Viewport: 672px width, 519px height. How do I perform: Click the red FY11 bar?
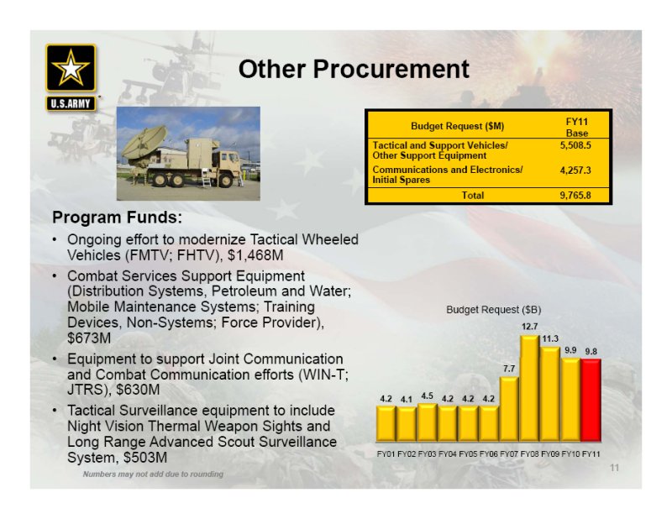pos(591,401)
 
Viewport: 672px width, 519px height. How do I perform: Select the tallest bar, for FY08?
pos(530,388)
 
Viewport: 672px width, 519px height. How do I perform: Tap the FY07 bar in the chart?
pos(509,409)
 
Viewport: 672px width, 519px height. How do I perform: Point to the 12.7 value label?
pos(530,327)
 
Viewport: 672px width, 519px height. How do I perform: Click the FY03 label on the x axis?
pos(427,453)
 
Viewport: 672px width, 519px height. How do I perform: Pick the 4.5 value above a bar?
pos(427,396)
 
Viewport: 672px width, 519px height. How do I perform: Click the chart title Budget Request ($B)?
pos(494,309)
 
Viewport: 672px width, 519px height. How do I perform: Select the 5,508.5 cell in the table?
pos(575,145)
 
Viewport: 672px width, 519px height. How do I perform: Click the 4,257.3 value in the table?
pos(575,170)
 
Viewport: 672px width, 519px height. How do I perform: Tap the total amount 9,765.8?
pos(575,196)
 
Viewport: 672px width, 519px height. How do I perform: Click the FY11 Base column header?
pos(577,128)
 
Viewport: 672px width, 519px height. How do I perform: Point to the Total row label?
pos(473,196)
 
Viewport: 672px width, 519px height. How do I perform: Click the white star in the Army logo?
pos(71,69)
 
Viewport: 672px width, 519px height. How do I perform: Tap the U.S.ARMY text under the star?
pos(71,103)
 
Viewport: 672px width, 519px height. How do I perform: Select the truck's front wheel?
pos(225,181)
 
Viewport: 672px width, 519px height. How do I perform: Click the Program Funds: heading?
pos(117,218)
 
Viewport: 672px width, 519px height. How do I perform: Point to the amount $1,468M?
pos(255,255)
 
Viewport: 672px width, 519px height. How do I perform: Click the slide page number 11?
pos(615,468)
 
